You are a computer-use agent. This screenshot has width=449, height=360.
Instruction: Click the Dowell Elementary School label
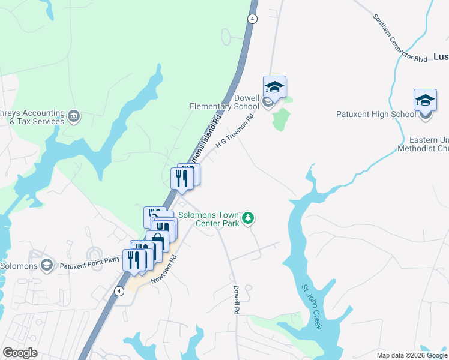click(x=224, y=102)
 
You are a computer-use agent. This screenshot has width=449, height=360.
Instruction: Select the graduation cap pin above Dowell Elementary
click(x=274, y=88)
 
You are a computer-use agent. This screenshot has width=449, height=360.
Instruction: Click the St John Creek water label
click(x=312, y=307)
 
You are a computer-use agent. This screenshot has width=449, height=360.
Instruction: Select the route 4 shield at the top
click(x=253, y=19)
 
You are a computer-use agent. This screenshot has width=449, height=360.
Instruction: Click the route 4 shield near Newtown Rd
click(x=119, y=291)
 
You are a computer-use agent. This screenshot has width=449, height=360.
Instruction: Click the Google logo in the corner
click(x=20, y=353)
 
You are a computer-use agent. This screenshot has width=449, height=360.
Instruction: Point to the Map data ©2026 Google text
click(x=412, y=355)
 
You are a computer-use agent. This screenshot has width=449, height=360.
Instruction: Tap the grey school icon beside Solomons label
click(x=46, y=266)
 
